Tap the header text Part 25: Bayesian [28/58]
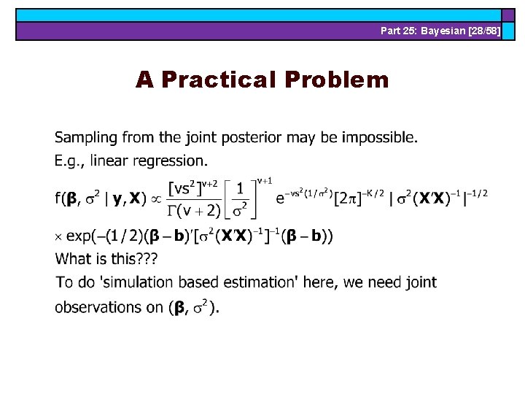click(440, 31)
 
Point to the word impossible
click(378, 137)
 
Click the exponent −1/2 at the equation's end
click(475, 192)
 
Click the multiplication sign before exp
click(59, 236)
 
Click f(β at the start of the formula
click(66, 198)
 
